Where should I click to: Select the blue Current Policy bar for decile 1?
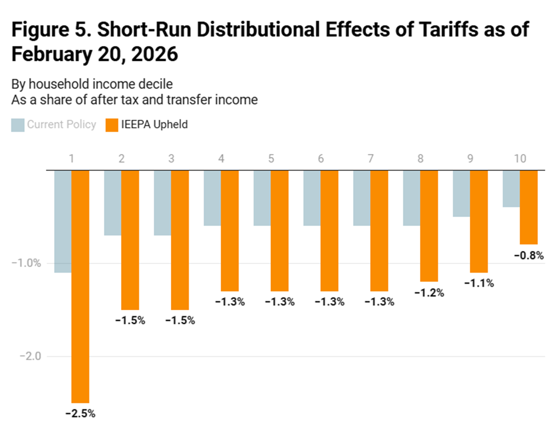[x=63, y=221]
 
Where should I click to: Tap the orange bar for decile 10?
[x=529, y=207]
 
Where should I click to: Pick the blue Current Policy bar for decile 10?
[x=511, y=188]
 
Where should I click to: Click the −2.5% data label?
[x=80, y=413]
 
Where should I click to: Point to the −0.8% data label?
[x=529, y=256]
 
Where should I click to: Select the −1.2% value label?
[x=429, y=293]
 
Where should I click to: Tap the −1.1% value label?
[x=479, y=284]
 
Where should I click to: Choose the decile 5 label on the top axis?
[x=271, y=159]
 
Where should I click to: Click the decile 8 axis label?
[x=420, y=159]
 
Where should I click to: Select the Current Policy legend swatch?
[x=18, y=125]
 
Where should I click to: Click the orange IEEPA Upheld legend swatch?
[x=111, y=125]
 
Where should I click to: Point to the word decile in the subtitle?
[x=156, y=84]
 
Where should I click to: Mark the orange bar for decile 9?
[x=479, y=221]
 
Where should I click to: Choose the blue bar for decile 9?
[x=461, y=193]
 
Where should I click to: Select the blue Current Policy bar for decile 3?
[x=162, y=202]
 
